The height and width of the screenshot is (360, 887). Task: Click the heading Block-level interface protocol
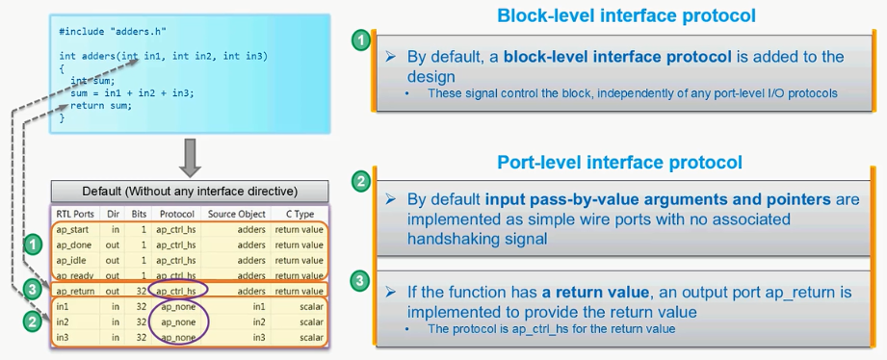[625, 15]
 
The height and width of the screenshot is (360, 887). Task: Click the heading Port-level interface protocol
[619, 161]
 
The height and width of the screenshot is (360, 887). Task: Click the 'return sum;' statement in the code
[101, 106]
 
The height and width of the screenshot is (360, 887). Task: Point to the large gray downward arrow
[190, 156]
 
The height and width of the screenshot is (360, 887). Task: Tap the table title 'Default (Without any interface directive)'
[190, 190]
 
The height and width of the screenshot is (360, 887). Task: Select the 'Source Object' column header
[237, 214]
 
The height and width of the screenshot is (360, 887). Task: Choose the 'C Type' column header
[299, 214]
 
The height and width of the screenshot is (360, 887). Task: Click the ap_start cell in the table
[74, 230]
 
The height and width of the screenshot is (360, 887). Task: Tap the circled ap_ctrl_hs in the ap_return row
[178, 290]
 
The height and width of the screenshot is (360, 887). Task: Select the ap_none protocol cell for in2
[178, 321]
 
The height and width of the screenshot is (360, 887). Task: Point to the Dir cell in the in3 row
[114, 337]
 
